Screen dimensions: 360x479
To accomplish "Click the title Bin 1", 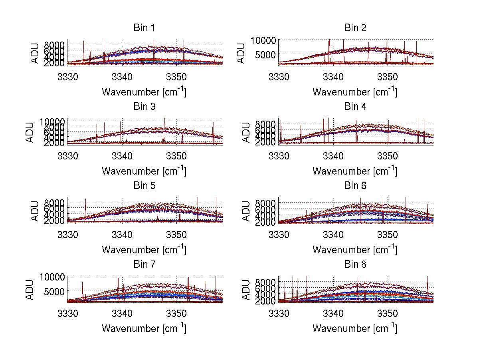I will point(144,28).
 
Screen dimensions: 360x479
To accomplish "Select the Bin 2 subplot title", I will point(355,28).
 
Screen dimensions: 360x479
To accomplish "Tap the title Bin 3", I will point(144,107).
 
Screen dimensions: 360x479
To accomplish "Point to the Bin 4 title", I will point(355,107).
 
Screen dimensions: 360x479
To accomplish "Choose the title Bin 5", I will point(144,185).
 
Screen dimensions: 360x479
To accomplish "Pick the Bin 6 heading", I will point(355,185).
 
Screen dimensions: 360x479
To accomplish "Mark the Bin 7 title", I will point(144,264).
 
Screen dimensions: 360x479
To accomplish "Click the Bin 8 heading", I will point(355,264).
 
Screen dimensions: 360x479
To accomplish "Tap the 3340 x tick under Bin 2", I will point(333,76).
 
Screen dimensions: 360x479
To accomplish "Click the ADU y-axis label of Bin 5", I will point(35,210).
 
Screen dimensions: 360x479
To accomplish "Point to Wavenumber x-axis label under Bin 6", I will point(355,250).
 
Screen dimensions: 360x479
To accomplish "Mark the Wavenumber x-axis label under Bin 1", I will point(144,92).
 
